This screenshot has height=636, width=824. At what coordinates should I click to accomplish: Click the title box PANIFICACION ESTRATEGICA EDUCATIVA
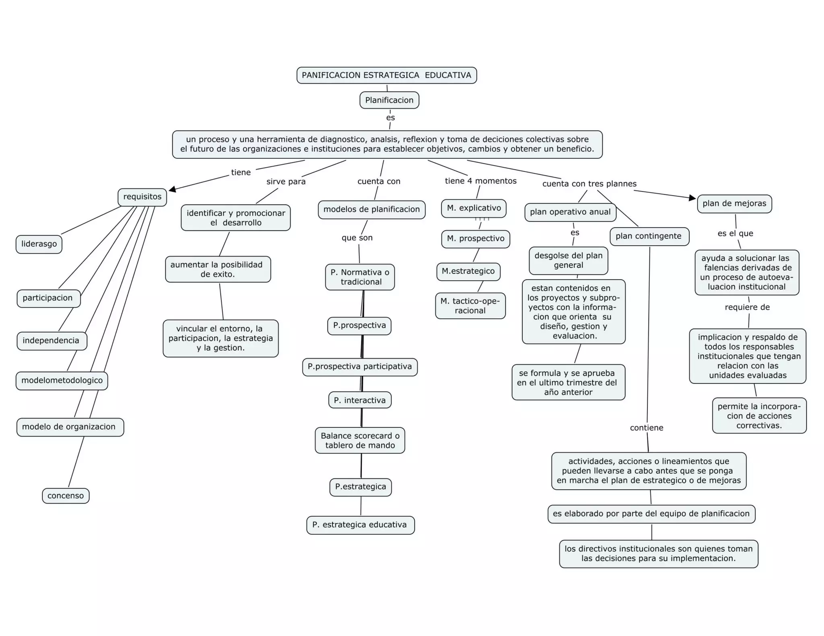(x=387, y=75)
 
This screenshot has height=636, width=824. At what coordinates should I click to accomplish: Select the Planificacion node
(x=389, y=100)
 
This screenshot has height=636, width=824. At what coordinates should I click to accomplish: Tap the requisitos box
(x=142, y=197)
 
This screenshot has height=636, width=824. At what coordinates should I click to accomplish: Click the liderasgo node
(x=39, y=244)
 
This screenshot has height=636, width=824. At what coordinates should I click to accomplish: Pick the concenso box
(x=66, y=496)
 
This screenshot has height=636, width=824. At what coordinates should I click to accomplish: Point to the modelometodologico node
(x=62, y=381)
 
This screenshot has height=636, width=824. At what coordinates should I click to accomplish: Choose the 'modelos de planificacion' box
(x=371, y=209)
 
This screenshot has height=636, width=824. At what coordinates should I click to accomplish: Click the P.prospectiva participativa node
(x=360, y=367)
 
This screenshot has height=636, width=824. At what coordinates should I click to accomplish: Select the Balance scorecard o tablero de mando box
(x=360, y=440)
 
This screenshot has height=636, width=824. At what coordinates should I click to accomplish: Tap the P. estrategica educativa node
(x=360, y=525)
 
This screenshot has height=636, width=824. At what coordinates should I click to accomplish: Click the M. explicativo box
(x=474, y=208)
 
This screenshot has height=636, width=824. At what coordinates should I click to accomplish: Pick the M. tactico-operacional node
(x=470, y=306)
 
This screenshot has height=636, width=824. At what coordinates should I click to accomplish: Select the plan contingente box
(x=649, y=236)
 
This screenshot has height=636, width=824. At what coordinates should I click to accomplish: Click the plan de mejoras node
(x=734, y=203)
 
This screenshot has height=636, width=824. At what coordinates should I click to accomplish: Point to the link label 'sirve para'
(x=286, y=182)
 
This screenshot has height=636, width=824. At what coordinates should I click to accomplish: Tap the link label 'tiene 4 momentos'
(x=480, y=181)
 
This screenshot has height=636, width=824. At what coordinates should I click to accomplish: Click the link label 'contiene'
(x=647, y=428)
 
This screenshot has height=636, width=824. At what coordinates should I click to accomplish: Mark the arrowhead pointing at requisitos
(x=172, y=189)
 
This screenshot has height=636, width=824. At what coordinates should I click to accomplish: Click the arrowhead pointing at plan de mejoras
(x=692, y=197)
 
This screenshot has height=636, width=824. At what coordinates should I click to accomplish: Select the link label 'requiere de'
(x=747, y=307)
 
